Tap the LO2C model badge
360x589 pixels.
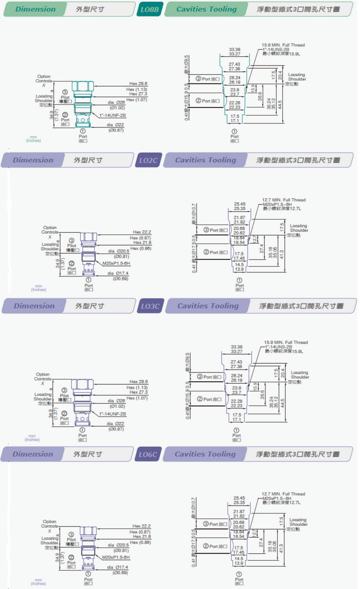[149, 160]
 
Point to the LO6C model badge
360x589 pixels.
[150, 454]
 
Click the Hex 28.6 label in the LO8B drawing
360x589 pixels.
[138, 83]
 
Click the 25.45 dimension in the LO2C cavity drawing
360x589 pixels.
[239, 204]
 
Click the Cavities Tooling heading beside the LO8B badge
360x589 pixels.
[207, 9]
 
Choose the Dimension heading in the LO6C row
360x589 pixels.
[33, 454]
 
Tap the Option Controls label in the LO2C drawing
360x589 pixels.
[50, 230]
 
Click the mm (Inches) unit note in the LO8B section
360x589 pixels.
[34, 139]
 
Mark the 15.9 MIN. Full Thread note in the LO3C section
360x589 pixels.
[286, 342]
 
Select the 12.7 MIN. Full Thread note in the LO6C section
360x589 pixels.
[283, 494]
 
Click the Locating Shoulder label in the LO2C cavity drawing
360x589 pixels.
[299, 228]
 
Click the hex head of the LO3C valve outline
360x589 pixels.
[82, 385]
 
